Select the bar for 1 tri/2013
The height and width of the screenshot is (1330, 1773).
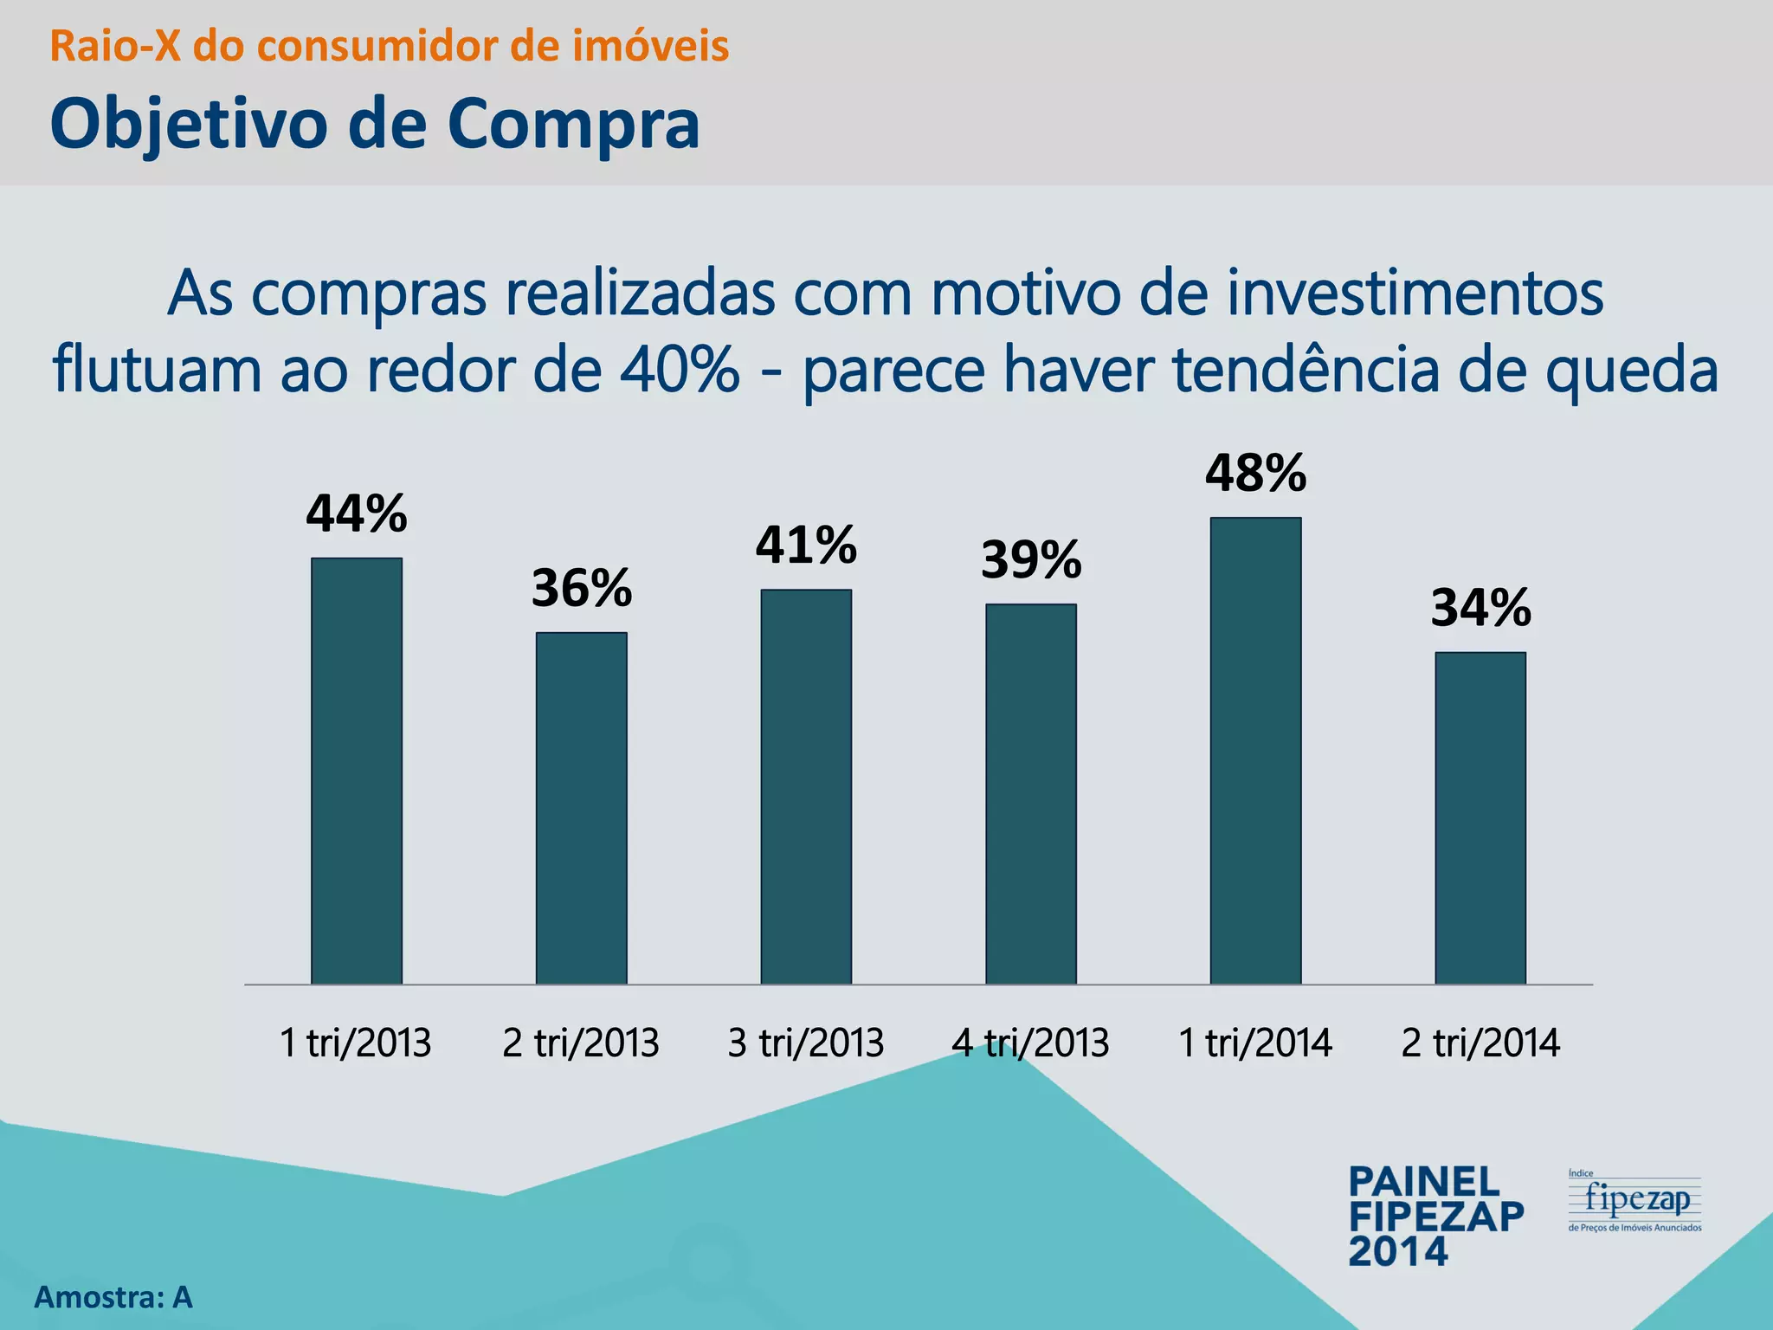point(357,771)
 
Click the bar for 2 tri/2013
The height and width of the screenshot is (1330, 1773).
point(581,808)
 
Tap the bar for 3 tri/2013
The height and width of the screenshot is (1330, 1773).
point(806,786)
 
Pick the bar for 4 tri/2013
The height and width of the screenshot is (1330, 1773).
point(1031,794)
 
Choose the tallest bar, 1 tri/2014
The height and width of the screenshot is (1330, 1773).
point(1255,751)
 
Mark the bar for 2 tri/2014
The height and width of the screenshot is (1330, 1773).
point(1480,818)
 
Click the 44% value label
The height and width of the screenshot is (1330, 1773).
point(357,514)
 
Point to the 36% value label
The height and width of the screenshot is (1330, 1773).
point(582,589)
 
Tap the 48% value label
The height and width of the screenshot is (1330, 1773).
point(1255,474)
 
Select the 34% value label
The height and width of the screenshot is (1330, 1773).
point(1481,609)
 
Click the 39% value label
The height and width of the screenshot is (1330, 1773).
point(1031,560)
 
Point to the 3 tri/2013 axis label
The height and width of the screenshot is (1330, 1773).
point(806,1043)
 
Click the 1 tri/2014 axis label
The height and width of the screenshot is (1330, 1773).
point(1255,1043)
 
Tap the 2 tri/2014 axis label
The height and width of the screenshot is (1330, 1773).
point(1480,1043)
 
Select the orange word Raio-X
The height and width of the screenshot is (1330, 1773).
point(115,47)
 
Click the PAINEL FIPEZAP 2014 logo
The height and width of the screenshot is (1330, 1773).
point(1435,1216)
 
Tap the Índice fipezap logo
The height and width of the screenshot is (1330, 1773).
point(1634,1201)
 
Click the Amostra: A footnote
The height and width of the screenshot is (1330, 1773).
point(113,1297)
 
